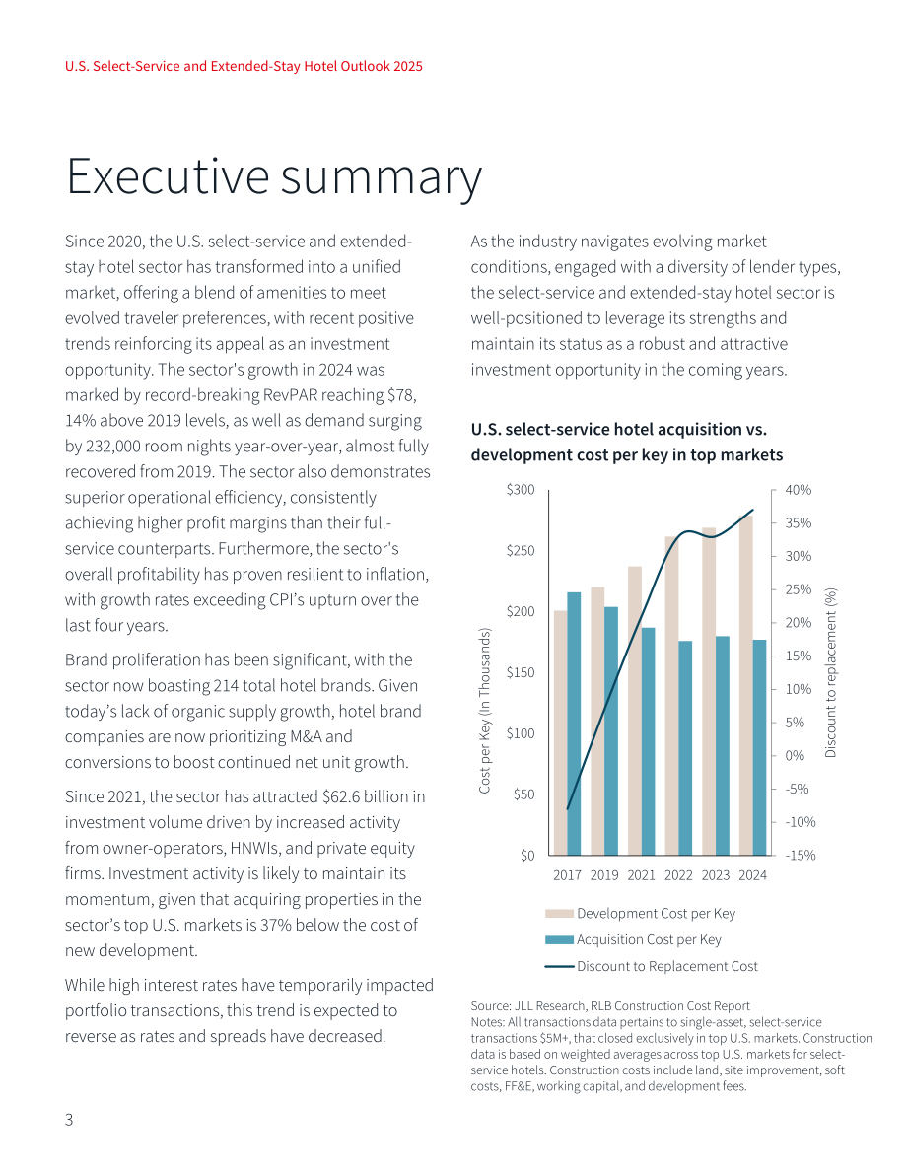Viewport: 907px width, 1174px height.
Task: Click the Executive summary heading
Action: click(274, 178)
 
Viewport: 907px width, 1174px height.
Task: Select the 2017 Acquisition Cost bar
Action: click(574, 724)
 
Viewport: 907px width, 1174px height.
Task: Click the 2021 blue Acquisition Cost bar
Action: click(648, 741)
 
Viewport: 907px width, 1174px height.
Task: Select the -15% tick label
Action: click(800, 855)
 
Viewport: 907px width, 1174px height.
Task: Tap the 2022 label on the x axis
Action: click(678, 875)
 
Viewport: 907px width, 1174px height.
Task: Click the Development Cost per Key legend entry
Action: click(641, 914)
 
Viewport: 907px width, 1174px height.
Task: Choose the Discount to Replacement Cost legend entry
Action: click(652, 967)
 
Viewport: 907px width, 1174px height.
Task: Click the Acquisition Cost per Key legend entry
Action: click(634, 939)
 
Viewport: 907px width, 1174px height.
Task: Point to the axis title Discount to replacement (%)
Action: click(831, 672)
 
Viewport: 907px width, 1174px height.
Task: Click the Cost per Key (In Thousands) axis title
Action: click(485, 711)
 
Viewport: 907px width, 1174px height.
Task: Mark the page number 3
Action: click(69, 1120)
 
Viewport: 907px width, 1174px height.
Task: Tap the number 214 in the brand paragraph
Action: click(226, 686)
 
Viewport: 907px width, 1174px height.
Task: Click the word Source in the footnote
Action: click(490, 1006)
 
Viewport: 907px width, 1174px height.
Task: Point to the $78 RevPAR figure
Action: click(401, 394)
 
